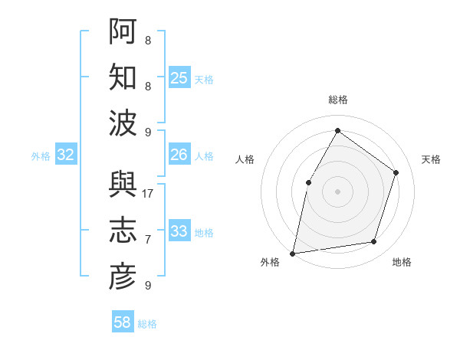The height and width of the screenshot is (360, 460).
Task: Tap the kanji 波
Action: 122,123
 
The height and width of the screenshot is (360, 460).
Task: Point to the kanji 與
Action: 122,184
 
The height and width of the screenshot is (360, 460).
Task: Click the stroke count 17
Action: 148,194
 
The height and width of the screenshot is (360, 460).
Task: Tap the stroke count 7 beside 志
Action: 148,240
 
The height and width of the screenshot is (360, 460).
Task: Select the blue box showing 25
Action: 179,77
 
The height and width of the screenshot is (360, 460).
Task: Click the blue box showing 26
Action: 179,155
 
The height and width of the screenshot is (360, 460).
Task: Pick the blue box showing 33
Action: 179,231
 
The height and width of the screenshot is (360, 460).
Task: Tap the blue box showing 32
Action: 66,155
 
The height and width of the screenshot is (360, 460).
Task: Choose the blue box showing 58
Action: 123,322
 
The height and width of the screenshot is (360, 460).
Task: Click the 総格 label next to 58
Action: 147,324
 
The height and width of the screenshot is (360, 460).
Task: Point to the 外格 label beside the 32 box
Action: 41,156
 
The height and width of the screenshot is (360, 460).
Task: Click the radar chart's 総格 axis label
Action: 337,100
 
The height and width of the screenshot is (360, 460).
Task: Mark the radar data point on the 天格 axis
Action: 396,172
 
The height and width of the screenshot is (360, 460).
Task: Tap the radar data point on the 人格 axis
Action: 308,182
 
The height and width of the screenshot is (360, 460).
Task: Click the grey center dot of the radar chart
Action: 337,191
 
